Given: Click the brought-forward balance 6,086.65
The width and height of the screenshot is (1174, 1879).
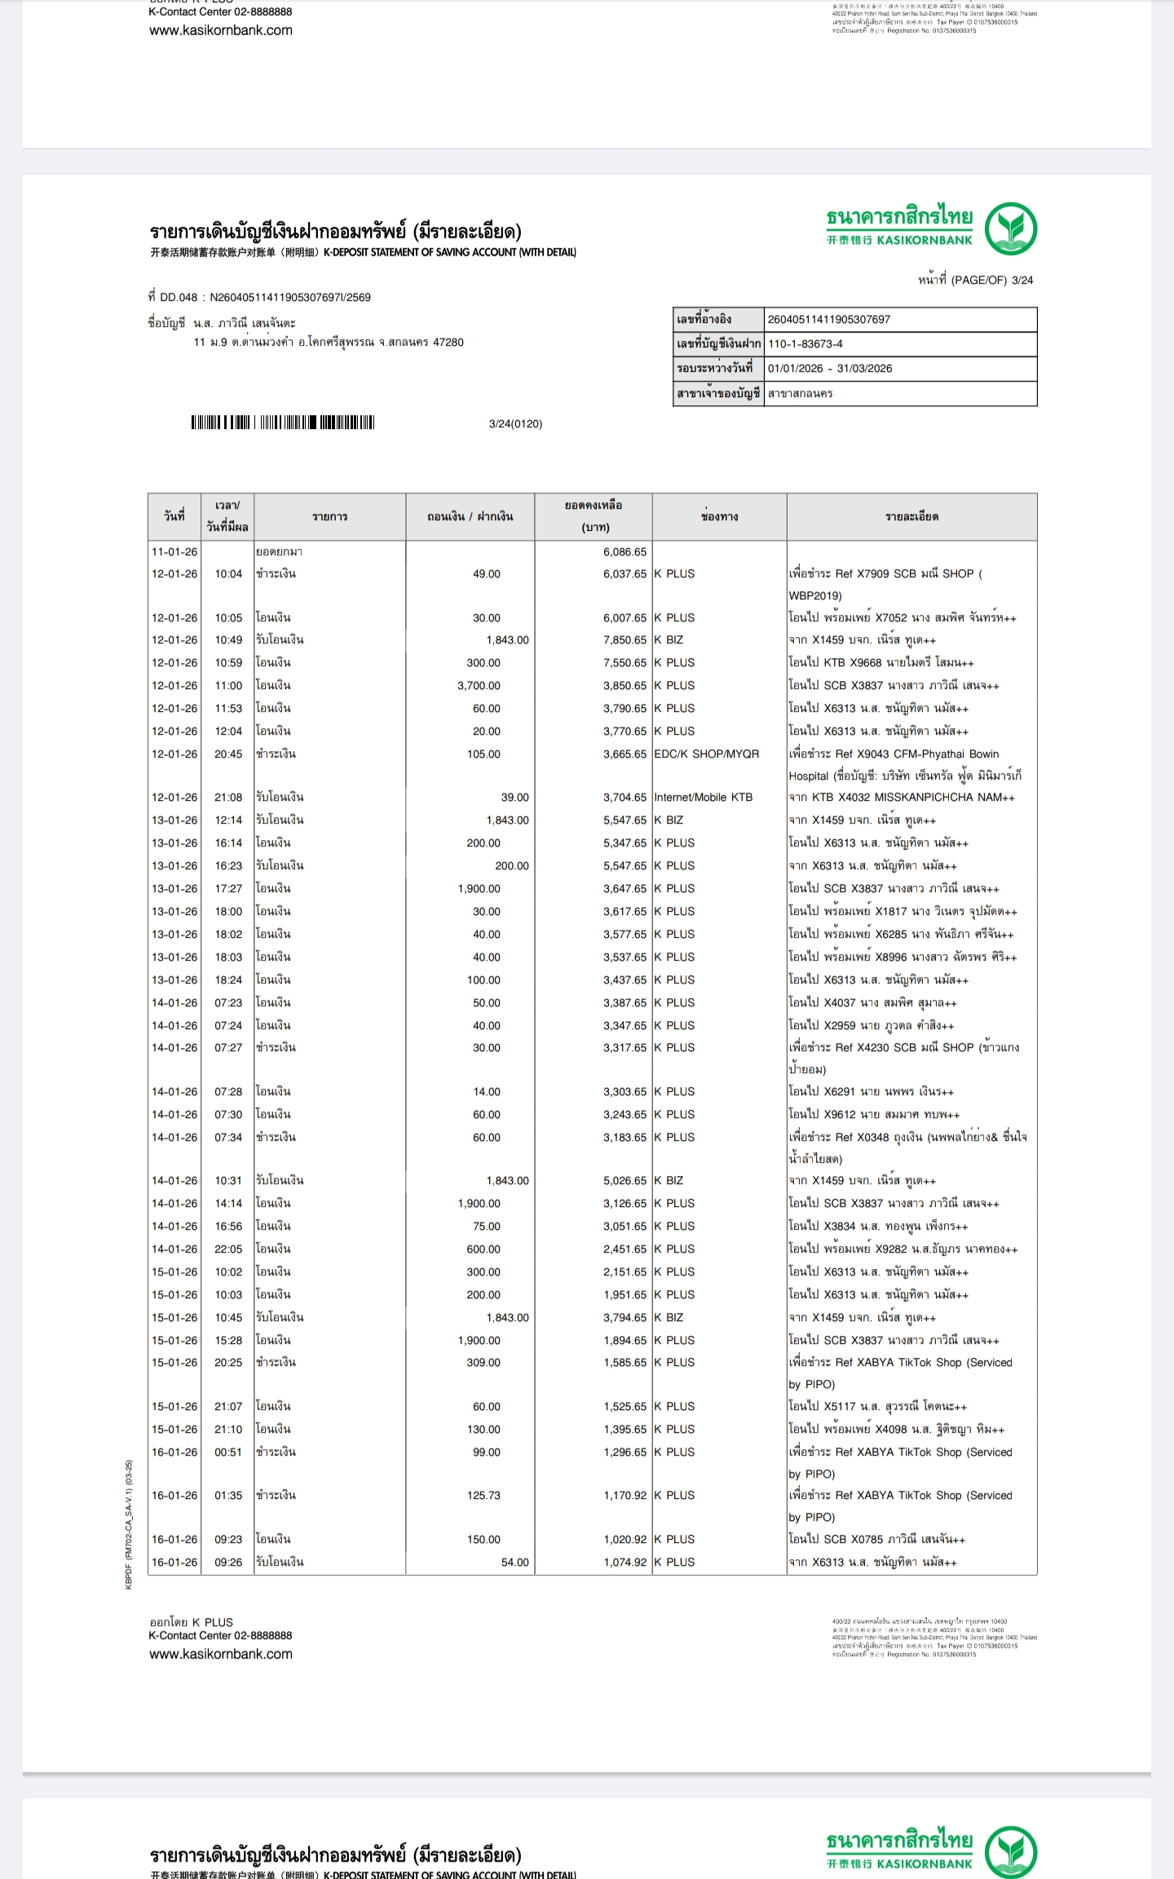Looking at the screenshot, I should pos(625,552).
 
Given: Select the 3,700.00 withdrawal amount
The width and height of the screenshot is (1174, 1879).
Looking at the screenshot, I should pos(479,686).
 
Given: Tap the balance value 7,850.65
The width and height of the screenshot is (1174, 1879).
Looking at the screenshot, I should pos(625,640).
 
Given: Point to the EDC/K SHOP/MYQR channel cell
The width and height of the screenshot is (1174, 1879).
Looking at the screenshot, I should pos(706,754).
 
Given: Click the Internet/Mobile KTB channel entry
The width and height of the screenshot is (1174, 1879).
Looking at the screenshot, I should pos(703,798).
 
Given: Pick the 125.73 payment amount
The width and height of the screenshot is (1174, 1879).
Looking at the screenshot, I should pos(483,1496).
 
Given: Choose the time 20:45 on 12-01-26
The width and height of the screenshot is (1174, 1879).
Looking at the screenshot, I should pos(228,754).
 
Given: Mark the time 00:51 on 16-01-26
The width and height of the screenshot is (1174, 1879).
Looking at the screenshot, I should pos(228,1452).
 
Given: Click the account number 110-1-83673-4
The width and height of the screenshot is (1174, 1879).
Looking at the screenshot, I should pos(805,344).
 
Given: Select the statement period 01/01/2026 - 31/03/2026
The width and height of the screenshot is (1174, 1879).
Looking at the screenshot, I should pos(830,369).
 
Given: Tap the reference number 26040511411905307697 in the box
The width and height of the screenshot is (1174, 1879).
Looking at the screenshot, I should pos(828,320).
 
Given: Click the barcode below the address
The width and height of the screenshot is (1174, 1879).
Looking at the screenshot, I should pos(283,422).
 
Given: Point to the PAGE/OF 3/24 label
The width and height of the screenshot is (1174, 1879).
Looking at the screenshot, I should pos(975,281).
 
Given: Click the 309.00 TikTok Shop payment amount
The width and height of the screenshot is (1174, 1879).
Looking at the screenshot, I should pos(483,1363).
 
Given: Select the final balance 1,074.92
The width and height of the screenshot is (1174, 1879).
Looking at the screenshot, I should pos(625,1563).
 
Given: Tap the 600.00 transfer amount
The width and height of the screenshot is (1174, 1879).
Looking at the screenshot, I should pos(483,1249).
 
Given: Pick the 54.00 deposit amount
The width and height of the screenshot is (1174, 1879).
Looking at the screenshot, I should pos(514,1563).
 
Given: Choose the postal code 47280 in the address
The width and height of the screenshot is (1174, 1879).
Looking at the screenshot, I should pos(448,343).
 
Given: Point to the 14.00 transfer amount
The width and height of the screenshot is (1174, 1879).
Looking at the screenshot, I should pos(487,1092).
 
